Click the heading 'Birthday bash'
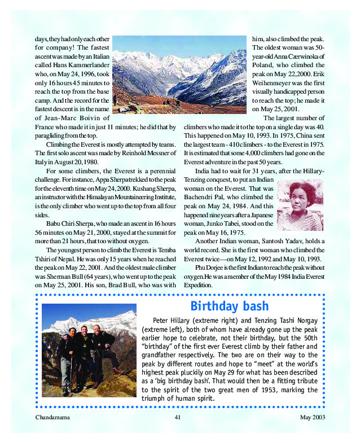[229, 306]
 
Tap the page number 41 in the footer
[177, 418]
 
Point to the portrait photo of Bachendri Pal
[300, 205]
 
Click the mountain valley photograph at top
[179, 74]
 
